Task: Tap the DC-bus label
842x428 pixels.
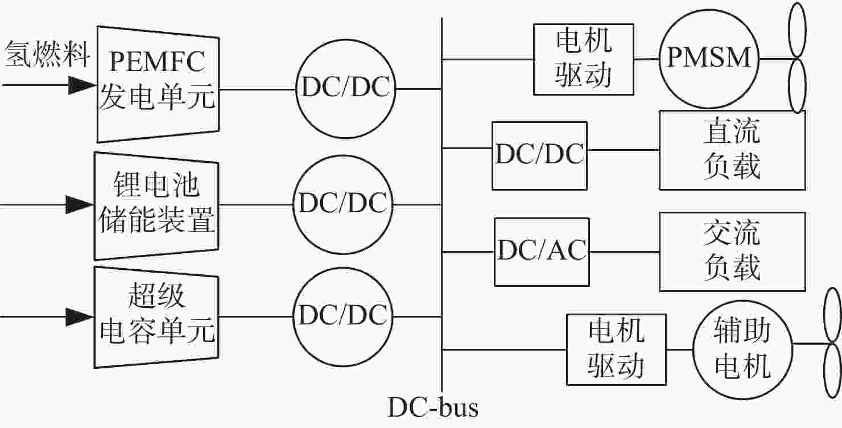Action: coord(432,408)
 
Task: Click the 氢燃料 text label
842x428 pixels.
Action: coord(47,55)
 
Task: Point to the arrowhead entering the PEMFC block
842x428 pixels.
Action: coord(82,85)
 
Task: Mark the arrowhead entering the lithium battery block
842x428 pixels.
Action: coord(80,204)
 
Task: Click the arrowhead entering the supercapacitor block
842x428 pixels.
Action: coord(80,316)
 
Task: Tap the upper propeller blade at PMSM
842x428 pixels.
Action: coord(797,30)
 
